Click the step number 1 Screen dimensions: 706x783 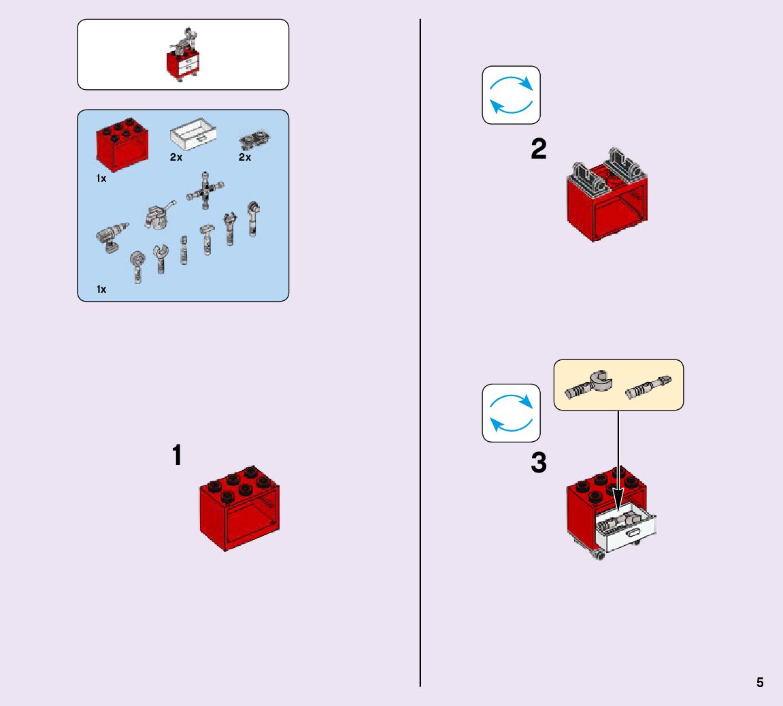[x=178, y=455]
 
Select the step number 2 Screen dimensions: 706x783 [x=538, y=150]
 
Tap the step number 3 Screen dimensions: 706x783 [x=538, y=464]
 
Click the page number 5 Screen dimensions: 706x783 [x=760, y=683]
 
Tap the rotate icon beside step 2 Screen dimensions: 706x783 [x=511, y=95]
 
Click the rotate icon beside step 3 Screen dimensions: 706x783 [x=511, y=413]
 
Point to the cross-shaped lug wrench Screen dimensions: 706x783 [x=204, y=190]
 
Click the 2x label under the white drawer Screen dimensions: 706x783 [x=176, y=157]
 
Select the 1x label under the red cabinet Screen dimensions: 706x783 [x=101, y=178]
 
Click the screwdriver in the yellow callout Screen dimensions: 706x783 [x=648, y=386]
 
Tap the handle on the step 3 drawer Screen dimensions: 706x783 [x=635, y=533]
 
